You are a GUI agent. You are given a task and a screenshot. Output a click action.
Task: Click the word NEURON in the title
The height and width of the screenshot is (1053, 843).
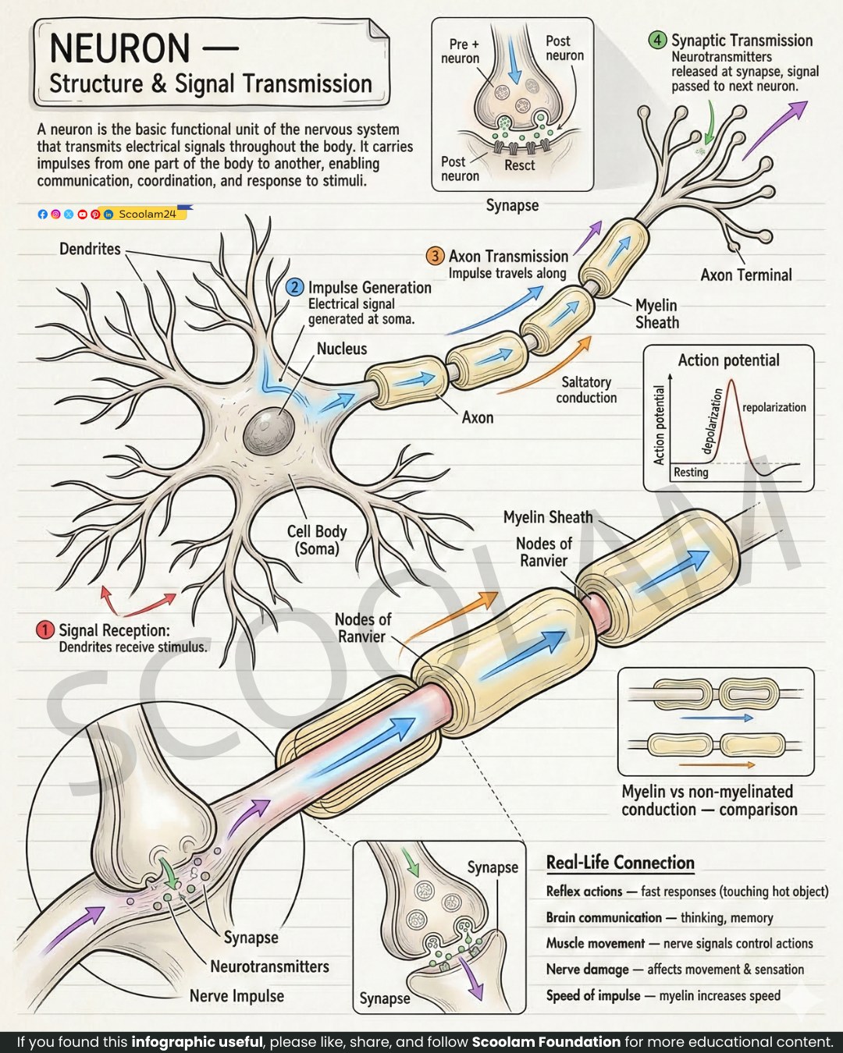point(119,48)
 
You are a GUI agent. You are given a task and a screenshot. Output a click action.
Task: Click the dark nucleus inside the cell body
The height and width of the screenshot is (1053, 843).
point(269,432)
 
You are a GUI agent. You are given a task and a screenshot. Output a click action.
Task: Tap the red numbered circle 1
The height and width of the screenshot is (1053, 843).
point(45,629)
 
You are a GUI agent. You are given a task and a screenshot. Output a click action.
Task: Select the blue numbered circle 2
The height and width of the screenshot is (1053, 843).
point(294,287)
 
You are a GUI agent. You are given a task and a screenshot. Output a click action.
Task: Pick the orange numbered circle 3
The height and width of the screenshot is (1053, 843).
point(435,255)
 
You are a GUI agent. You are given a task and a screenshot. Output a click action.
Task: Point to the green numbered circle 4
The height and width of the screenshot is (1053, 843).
point(657,40)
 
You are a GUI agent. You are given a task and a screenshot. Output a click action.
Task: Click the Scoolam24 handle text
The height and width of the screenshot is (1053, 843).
point(148,214)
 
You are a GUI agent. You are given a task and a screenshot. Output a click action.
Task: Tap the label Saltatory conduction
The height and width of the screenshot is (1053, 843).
point(586,389)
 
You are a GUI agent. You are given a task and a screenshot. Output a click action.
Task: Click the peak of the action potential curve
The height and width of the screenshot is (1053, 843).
point(731,381)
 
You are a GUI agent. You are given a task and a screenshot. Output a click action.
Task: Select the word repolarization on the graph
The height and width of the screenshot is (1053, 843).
point(774,407)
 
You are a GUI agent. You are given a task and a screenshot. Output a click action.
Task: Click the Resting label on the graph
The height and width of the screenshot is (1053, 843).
point(691,472)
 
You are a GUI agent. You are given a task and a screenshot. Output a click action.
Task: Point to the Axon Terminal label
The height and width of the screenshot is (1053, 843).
point(746,275)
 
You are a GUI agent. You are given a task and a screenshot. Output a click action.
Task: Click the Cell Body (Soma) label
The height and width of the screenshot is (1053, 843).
point(317,540)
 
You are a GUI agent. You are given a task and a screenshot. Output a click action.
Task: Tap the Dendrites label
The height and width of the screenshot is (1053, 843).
point(90,249)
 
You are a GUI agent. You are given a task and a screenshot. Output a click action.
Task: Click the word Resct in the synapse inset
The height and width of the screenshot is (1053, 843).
point(520,165)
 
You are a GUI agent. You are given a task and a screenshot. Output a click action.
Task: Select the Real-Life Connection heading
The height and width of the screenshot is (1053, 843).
point(620,862)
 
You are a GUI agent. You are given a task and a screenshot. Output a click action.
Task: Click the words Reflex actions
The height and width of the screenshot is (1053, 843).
point(584,892)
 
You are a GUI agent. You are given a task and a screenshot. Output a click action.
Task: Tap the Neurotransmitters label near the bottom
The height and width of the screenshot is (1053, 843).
point(269,966)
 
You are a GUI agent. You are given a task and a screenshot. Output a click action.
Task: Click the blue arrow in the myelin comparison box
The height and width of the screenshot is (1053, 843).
point(717,718)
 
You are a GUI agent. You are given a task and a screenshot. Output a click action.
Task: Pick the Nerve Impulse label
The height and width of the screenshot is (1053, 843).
point(237,996)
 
